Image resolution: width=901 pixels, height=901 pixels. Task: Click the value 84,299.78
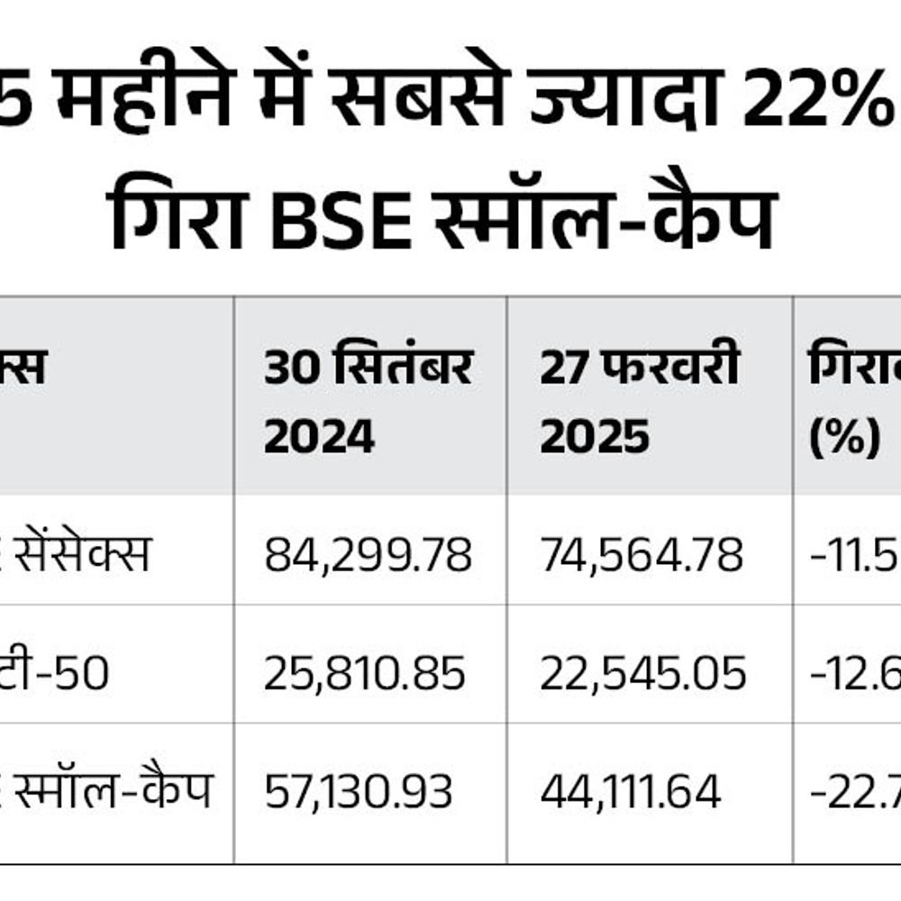click(x=368, y=555)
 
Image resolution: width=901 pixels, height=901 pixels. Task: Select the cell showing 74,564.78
click(x=642, y=555)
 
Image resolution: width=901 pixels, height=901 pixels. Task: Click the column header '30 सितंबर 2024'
click(x=368, y=401)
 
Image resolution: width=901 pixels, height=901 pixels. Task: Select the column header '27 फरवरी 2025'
click(x=640, y=401)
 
